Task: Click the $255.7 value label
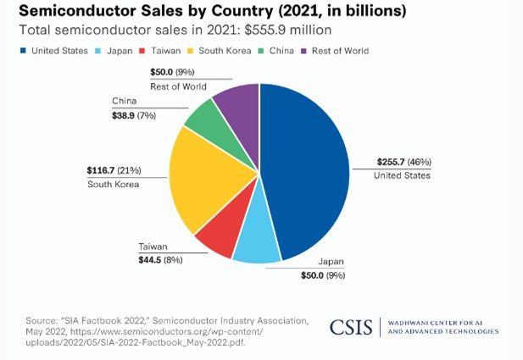392,162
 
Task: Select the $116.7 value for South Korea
101,169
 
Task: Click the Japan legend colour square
101,51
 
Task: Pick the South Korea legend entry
223,51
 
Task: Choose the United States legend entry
54,51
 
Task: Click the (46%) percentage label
421,162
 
